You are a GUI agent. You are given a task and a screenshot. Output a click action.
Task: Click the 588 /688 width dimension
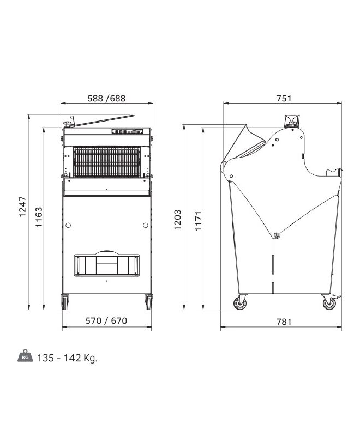[x=106, y=99]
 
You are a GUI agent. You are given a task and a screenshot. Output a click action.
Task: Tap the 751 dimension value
[x=284, y=99]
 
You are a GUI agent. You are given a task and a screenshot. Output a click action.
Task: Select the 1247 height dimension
[x=22, y=207]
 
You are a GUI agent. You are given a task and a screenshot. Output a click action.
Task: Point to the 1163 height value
[x=39, y=217]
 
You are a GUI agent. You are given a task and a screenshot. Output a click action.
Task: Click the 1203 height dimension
[x=177, y=220]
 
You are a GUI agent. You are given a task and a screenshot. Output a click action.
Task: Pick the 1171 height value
[x=198, y=221]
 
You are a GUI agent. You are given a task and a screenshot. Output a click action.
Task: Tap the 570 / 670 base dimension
[x=106, y=321]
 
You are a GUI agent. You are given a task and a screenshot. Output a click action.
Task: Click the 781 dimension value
[x=284, y=322]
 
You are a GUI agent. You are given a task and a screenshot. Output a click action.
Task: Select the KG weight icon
[x=25, y=356]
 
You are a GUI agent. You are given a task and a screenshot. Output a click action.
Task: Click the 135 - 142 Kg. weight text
[x=67, y=358]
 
